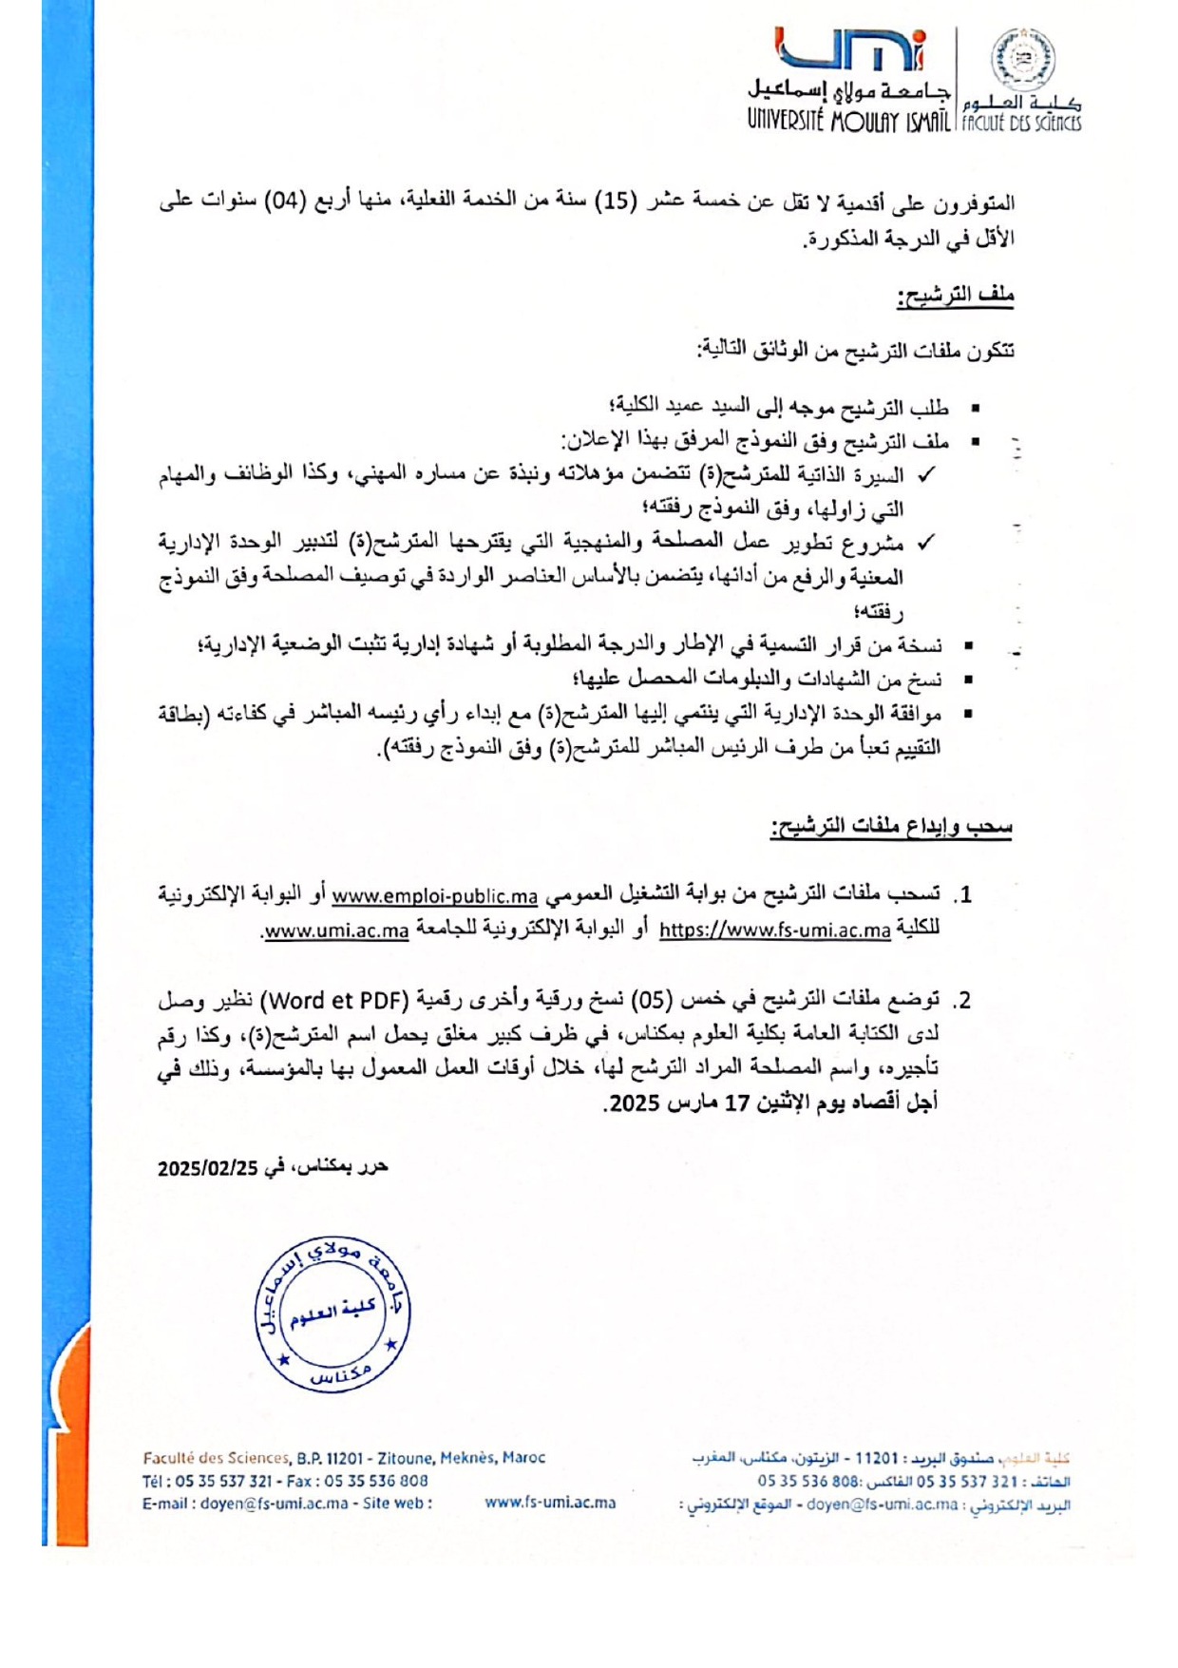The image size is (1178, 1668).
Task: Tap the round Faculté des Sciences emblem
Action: coord(1022,59)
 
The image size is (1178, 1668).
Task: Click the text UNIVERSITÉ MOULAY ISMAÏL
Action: coord(848,122)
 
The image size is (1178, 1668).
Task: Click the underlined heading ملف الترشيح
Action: coord(956,297)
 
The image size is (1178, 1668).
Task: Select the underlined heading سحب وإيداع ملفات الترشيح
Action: coord(891,827)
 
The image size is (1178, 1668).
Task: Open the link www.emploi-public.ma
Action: coord(435,896)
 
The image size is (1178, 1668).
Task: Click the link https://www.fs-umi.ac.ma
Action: coord(774,930)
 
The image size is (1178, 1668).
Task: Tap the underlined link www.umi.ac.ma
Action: coord(336,931)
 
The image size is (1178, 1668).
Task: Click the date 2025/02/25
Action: coord(208,1168)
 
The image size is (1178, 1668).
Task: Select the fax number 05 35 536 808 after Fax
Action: coord(376,1481)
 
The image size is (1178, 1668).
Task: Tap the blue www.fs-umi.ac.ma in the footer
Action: coord(550,1504)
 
